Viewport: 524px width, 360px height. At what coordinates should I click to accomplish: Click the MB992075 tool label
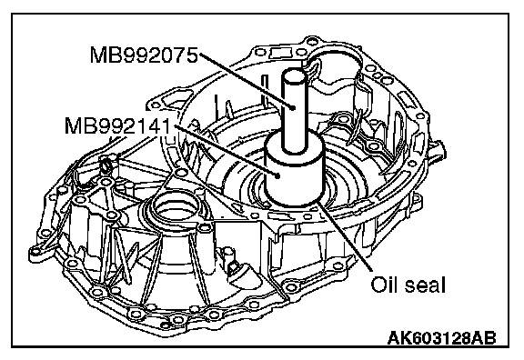tap(144, 55)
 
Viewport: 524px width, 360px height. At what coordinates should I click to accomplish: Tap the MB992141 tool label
tap(118, 125)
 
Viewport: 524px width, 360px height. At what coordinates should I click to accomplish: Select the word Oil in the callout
tap(383, 285)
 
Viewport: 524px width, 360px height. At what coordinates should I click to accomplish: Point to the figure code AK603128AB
tap(442, 338)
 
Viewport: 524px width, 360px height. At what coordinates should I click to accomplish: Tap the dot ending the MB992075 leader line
tap(293, 107)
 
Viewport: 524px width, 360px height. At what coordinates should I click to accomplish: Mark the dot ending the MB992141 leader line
tap(277, 174)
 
